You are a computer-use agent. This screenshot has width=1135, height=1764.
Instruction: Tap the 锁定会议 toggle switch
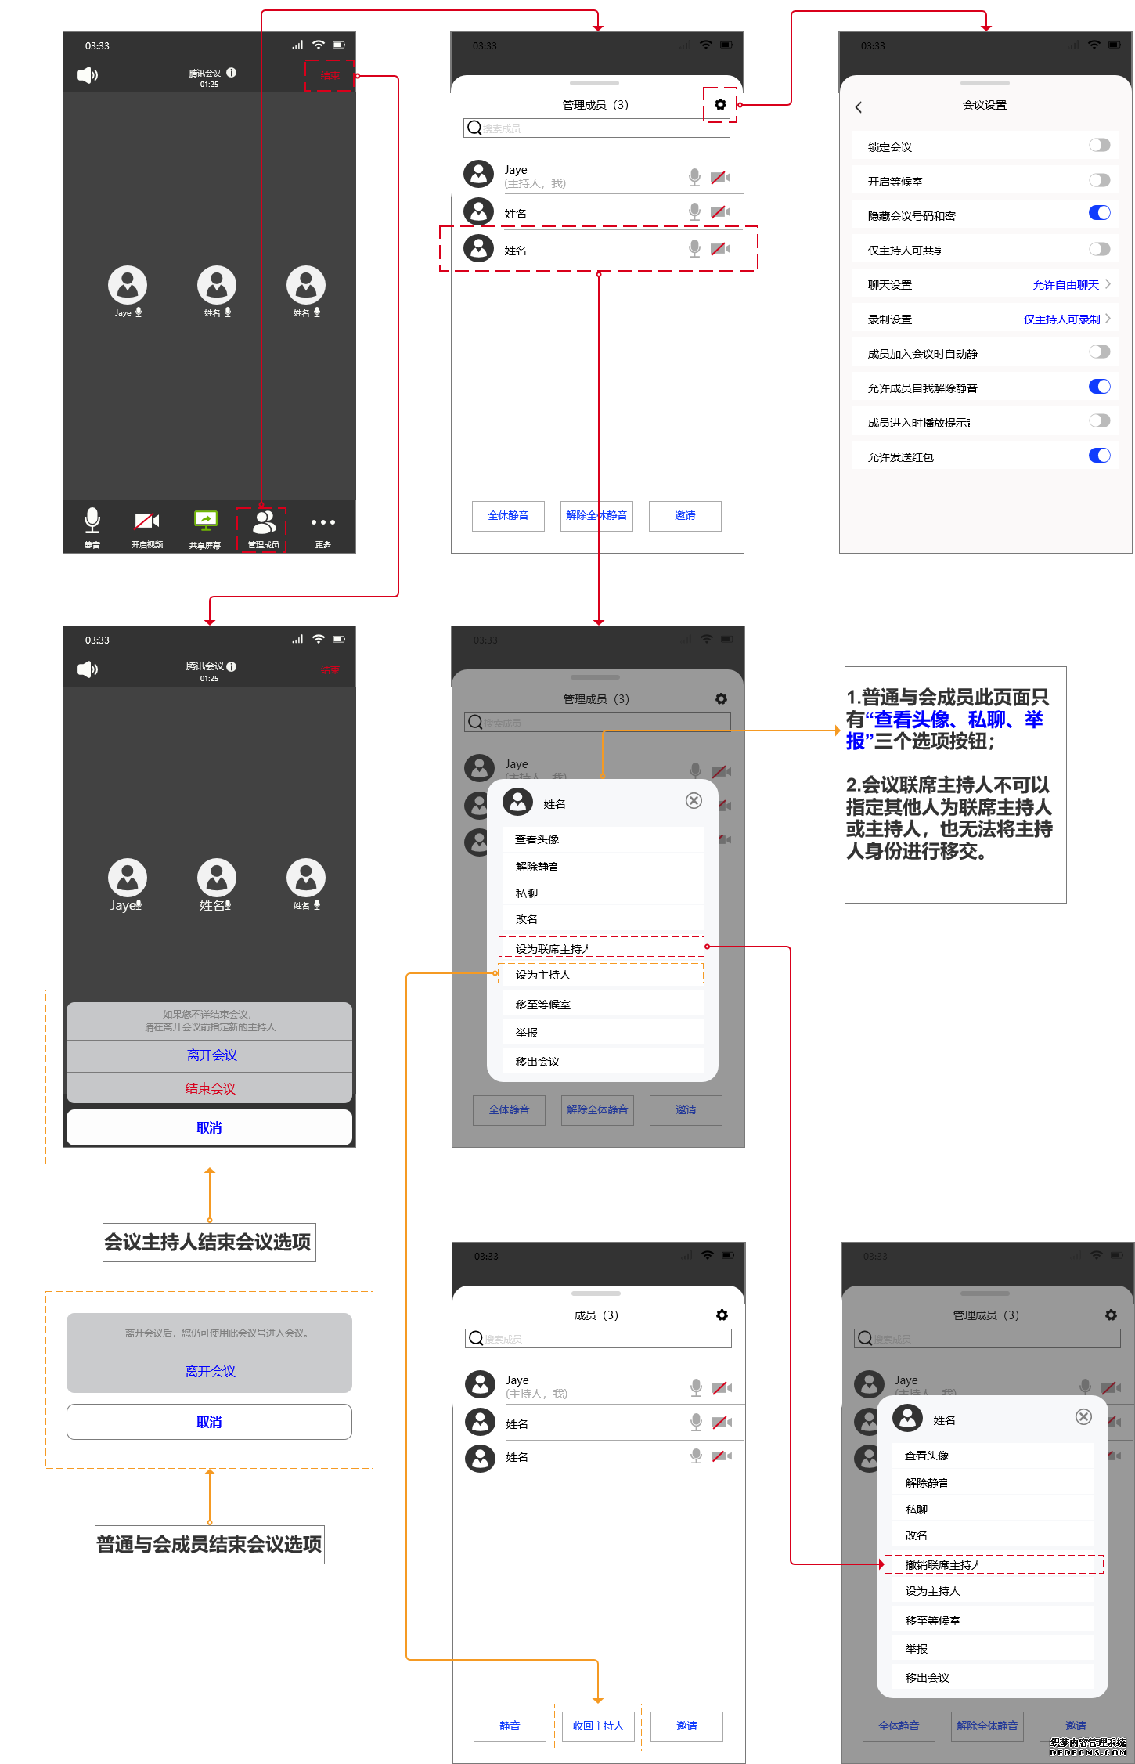[x=1099, y=145]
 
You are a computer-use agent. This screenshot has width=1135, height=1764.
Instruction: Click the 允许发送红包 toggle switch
[x=1099, y=456]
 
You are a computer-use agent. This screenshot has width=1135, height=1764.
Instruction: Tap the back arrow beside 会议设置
[x=859, y=107]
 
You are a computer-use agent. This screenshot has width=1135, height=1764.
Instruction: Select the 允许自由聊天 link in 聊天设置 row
[x=1065, y=285]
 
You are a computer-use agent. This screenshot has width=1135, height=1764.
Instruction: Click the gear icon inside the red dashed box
[x=720, y=104]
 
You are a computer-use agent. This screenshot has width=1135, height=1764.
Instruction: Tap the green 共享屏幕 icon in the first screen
[x=205, y=521]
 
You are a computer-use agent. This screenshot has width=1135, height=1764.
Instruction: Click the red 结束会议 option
[x=210, y=1088]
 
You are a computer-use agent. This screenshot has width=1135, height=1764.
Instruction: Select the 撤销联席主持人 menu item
[x=942, y=1565]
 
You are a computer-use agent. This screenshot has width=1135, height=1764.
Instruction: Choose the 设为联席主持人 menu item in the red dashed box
[x=552, y=949]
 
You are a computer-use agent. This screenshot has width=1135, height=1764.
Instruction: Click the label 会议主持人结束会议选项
[x=208, y=1243]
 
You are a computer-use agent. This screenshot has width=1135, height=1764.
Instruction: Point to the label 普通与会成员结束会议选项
[x=209, y=1545]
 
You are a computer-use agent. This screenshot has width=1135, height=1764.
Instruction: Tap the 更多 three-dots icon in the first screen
[x=322, y=522]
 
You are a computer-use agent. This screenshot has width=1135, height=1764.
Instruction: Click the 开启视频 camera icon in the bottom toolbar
[x=146, y=521]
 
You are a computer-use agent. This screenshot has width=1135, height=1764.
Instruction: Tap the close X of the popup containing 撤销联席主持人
[x=1083, y=1416]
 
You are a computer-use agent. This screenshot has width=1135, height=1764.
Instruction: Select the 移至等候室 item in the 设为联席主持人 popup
[x=542, y=1005]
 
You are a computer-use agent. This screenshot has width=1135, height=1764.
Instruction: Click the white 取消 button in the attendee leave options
[x=209, y=1422]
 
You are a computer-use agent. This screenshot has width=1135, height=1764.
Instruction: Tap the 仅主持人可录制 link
[x=1061, y=319]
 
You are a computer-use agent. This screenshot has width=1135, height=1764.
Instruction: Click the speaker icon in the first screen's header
[x=88, y=75]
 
